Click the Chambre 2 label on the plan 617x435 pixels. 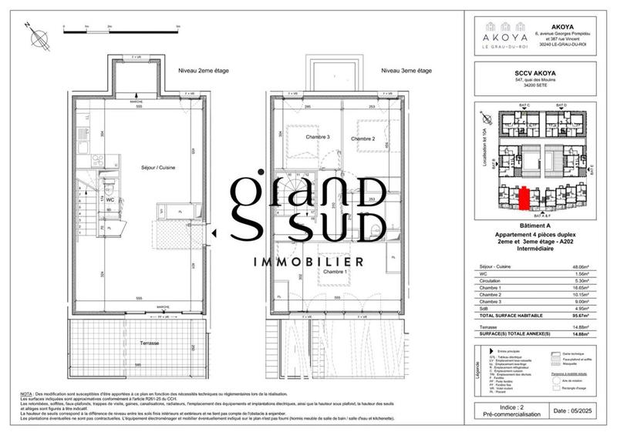pyautogui.click(x=362, y=139)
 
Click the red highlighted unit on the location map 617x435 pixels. pyautogui.click(x=524, y=199)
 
